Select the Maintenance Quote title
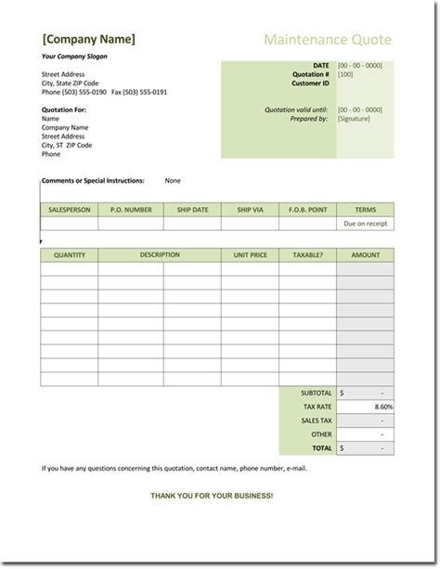328,40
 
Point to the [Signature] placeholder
354,119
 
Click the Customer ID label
310,84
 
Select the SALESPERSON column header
70,210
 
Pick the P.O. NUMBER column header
131,210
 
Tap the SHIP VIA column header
251,210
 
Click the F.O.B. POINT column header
308,210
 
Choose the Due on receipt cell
365,224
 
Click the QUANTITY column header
70,254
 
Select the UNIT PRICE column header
250,254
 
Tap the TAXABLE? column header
307,254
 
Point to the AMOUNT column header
365,254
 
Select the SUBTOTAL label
316,393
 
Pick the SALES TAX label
317,420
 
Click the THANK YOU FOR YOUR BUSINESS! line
212,496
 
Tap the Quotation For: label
65,110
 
